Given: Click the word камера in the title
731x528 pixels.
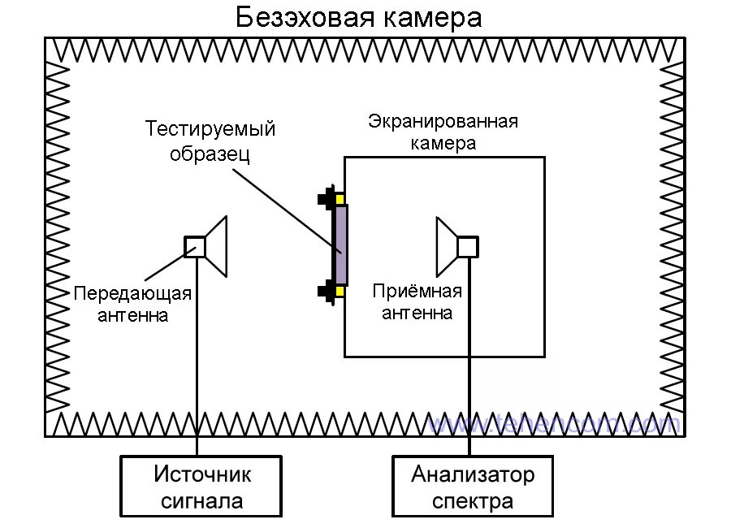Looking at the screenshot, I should coord(438,18).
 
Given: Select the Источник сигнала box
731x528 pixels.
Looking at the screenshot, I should coord(197,486).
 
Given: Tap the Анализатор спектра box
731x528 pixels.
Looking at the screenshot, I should coord(473,486).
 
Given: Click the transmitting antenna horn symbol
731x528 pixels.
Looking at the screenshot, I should coord(216,245).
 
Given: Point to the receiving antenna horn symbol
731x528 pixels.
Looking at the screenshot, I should coord(446,245).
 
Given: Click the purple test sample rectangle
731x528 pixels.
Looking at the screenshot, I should coord(340,245).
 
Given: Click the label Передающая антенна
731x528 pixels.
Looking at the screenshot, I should coord(133,304).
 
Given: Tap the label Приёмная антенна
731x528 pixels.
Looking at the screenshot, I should coord(417,301).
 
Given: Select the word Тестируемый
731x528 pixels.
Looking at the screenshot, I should coord(210,129).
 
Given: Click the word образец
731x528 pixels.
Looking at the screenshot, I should coord(209,154).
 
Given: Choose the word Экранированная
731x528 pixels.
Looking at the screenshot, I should coord(443,122).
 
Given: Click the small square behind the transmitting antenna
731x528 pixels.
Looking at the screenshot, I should coord(195,246).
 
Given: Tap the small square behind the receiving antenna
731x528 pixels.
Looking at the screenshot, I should coord(467,246).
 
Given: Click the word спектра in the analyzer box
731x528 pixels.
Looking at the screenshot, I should coord(473,500).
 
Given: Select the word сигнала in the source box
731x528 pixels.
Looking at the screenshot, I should coord(197,500).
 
